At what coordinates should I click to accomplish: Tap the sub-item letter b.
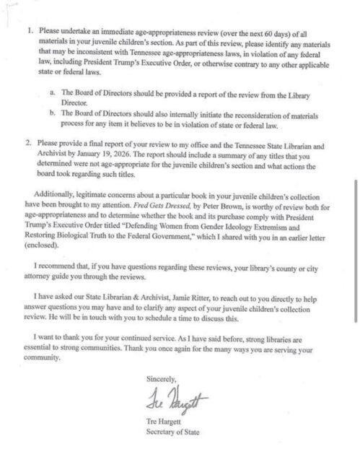click(x=53, y=113)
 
